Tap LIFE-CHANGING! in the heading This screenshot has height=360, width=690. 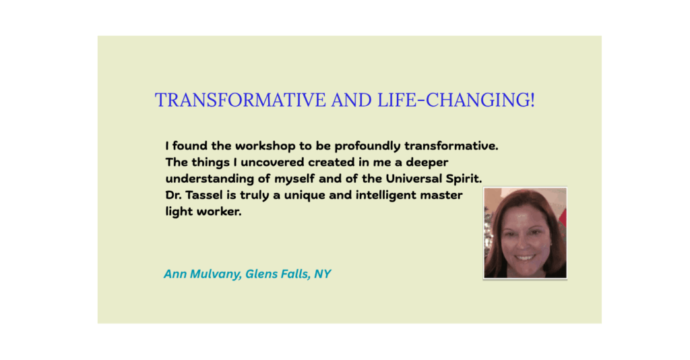click(x=456, y=100)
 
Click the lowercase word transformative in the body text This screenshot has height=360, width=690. click(x=451, y=146)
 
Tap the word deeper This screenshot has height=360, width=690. click(x=427, y=163)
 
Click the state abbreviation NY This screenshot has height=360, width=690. click(x=323, y=274)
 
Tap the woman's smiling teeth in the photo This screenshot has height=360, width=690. click(x=524, y=258)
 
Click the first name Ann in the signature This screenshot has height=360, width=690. click(x=175, y=274)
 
